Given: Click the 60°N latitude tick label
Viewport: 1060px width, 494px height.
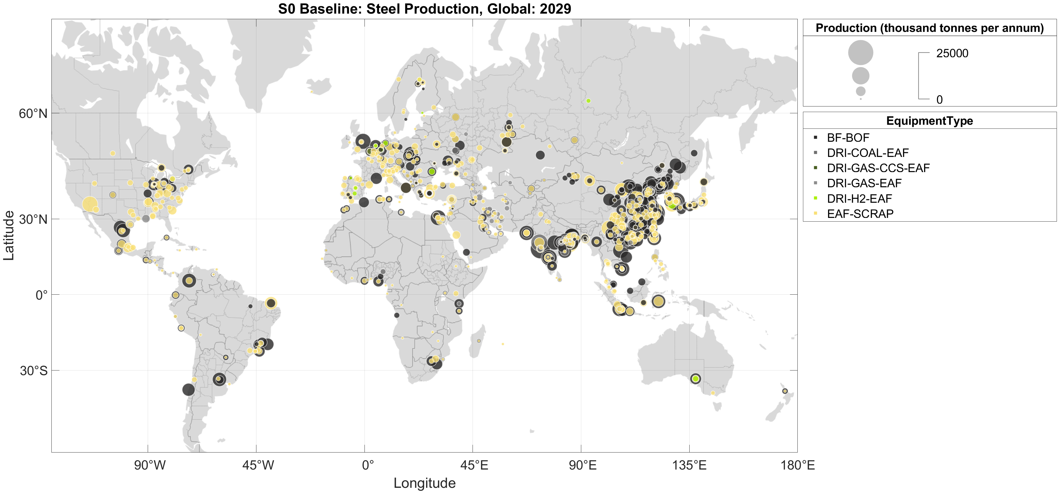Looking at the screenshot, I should click(x=33, y=114).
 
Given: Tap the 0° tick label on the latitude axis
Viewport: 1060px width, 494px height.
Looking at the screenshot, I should click(x=41, y=295).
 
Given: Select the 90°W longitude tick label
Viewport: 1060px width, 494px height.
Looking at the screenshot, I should click(x=150, y=465).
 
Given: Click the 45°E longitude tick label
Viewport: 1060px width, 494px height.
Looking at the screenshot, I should click(x=474, y=465).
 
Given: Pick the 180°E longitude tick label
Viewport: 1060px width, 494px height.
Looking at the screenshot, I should click(x=797, y=465).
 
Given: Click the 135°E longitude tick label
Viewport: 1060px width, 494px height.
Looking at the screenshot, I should click(x=689, y=465).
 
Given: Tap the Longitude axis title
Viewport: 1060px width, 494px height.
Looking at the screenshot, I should click(x=424, y=483).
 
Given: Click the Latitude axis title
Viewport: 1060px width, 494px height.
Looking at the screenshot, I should click(x=9, y=236).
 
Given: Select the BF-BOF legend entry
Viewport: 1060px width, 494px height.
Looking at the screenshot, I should click(x=848, y=138).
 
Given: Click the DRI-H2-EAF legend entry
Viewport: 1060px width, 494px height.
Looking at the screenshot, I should click(x=859, y=199).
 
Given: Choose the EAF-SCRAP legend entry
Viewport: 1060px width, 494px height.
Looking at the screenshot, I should click(x=860, y=214).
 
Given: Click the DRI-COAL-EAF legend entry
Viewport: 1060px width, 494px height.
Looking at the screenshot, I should click(x=867, y=153).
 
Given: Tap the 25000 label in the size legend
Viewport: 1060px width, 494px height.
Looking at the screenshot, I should click(x=952, y=54).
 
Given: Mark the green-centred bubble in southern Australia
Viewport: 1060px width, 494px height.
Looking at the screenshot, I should click(x=696, y=379).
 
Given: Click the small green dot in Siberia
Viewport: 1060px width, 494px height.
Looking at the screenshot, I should click(x=588, y=101).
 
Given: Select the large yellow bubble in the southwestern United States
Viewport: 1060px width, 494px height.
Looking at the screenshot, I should click(x=90, y=204).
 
